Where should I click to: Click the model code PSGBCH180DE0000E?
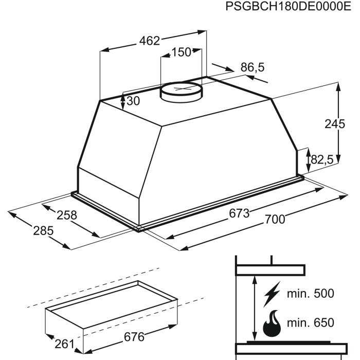click(288, 6)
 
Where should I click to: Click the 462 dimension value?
click(150, 41)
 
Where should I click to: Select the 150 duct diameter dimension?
click(181, 52)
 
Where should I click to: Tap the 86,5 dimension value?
click(253, 67)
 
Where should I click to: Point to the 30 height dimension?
click(133, 101)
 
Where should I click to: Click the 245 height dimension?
click(335, 124)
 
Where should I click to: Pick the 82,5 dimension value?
click(321, 159)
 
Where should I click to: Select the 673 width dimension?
click(239, 213)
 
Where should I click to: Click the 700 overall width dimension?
click(275, 219)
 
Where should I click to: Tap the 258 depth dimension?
click(66, 215)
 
